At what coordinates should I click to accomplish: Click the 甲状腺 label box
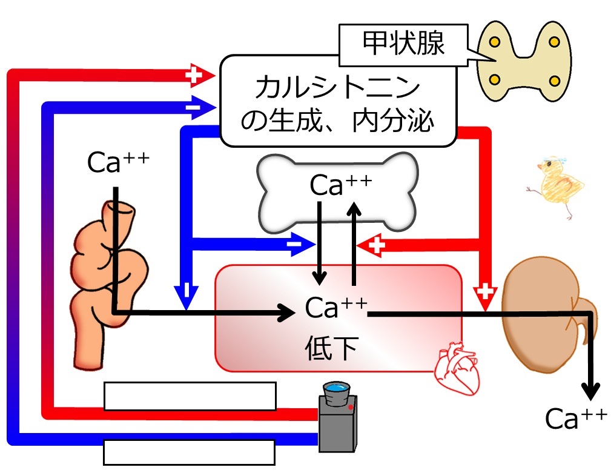[403, 45]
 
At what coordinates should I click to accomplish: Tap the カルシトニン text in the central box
[337, 87]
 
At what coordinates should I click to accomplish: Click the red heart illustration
[457, 368]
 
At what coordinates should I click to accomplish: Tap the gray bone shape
[337, 192]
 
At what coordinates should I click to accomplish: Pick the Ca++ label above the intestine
[118, 162]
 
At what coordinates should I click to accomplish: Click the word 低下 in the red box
[332, 348]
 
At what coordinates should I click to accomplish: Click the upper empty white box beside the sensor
[190, 396]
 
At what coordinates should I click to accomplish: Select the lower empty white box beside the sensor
[190, 452]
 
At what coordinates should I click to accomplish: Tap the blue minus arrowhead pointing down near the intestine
[187, 297]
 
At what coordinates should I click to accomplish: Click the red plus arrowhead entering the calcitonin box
[200, 75]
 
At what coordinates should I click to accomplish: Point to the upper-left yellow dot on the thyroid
[495, 42]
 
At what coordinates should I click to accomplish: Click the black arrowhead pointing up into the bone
[354, 209]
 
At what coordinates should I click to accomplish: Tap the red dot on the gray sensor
[351, 408]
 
